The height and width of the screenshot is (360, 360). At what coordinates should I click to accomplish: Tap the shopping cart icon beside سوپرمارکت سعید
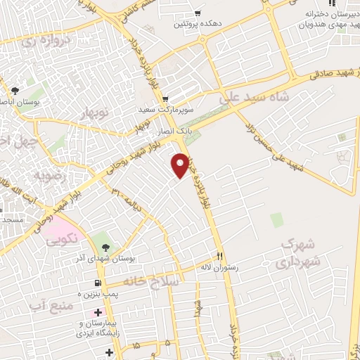click(165, 99)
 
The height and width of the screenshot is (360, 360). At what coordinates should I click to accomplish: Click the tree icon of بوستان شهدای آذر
click(105, 247)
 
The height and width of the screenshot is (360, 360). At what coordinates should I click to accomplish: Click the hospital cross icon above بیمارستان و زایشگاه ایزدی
click(98, 311)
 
